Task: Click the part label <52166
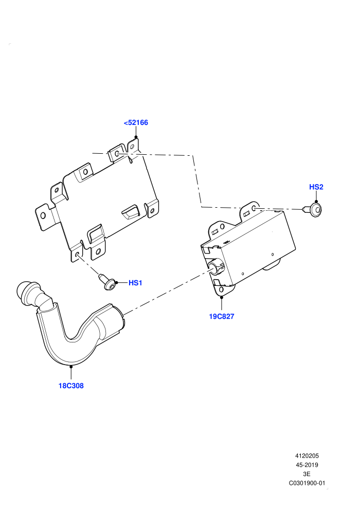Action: (x=136, y=123)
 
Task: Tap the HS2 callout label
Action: (x=316, y=187)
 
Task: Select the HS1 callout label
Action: (x=135, y=283)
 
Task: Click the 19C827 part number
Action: (x=221, y=316)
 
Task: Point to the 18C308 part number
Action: (x=71, y=386)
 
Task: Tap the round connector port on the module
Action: (x=215, y=266)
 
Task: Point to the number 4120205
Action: (x=307, y=456)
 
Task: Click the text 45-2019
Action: (x=307, y=465)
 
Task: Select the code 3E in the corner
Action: (x=307, y=474)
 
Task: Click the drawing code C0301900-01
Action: (x=307, y=483)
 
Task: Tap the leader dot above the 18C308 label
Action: (x=71, y=367)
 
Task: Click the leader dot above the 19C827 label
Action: (x=222, y=297)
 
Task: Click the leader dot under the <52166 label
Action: (x=136, y=137)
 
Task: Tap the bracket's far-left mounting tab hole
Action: (x=43, y=215)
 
